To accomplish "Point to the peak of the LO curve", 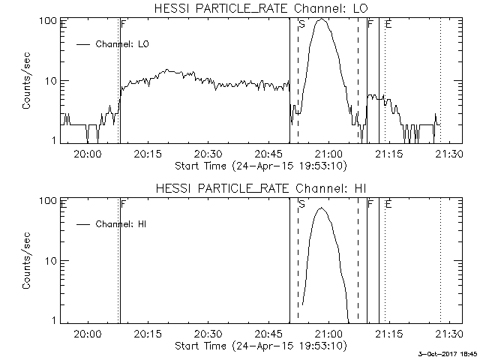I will [x=322, y=20].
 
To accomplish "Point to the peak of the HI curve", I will [x=322, y=208].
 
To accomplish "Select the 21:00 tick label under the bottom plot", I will [x=328, y=334].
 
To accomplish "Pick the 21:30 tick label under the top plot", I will [x=449, y=154].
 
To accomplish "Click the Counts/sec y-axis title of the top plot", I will [x=27, y=80].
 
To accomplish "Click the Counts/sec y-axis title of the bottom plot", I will [x=27, y=260].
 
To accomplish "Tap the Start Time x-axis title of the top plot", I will [x=259, y=166].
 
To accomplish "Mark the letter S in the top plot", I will [x=301, y=25].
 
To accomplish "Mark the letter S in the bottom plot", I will [x=301, y=204].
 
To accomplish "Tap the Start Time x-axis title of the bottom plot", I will [x=259, y=346].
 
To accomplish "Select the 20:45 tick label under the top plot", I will [x=268, y=154].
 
